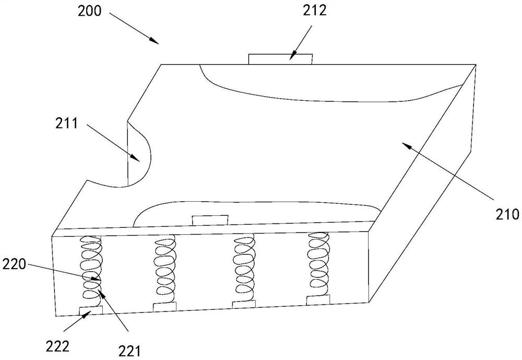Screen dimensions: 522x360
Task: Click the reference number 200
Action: coord(89,10)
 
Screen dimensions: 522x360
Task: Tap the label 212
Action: coord(315,10)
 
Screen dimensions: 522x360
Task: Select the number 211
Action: coord(66,123)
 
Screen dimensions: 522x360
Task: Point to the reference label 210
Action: coord(507,214)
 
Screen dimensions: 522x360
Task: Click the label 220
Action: coord(14,265)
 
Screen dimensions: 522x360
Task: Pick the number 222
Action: coord(57,346)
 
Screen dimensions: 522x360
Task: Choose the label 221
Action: coord(130,351)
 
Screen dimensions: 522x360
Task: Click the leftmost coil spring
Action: coord(91,271)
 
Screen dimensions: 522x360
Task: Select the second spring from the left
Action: coord(165,269)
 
